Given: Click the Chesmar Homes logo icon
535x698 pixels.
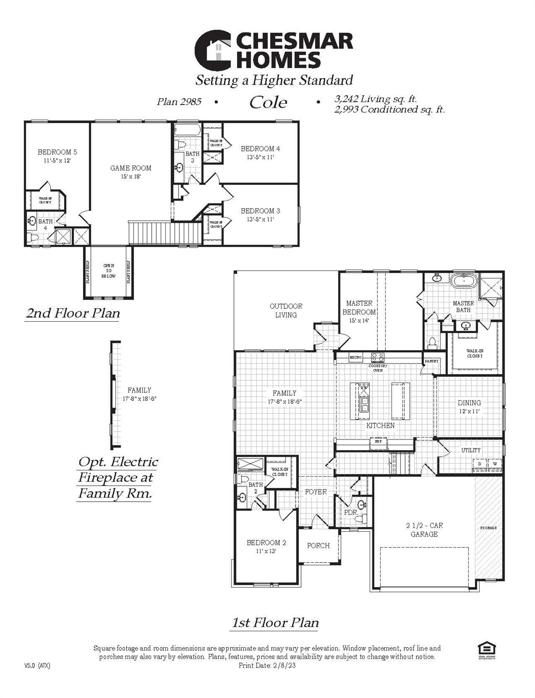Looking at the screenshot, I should pyautogui.click(x=214, y=51).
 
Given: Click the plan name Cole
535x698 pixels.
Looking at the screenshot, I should pyautogui.click(x=268, y=102).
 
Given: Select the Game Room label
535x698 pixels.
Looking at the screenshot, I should pyautogui.click(x=131, y=168).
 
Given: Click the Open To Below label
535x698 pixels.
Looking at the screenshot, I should pyautogui.click(x=109, y=270).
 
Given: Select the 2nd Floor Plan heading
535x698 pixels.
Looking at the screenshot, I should pyautogui.click(x=73, y=313).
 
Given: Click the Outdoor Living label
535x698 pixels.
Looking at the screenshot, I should pyautogui.click(x=286, y=310).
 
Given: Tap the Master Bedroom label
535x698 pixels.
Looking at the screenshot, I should pyautogui.click(x=359, y=308).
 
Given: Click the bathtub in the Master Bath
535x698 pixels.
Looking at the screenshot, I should pyautogui.click(x=463, y=280).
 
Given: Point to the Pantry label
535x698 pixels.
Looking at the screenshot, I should pyautogui.click(x=431, y=361).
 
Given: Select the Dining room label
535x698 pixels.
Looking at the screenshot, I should pyautogui.click(x=469, y=403).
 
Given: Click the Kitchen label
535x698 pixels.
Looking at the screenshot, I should pyautogui.click(x=381, y=426).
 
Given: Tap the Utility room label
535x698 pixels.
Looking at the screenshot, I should pyautogui.click(x=471, y=450).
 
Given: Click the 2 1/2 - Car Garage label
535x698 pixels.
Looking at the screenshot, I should pyautogui.click(x=424, y=530).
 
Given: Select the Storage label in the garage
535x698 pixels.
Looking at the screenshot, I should pyautogui.click(x=488, y=528).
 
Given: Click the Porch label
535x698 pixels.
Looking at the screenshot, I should pyautogui.click(x=318, y=546).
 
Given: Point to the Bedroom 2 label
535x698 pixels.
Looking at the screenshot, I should pyautogui.click(x=266, y=543).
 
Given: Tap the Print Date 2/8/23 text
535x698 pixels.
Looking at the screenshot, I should pyautogui.click(x=267, y=666).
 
